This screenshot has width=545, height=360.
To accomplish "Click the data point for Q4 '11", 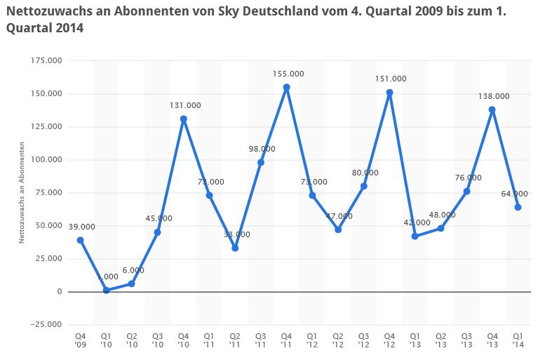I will [x=286, y=87].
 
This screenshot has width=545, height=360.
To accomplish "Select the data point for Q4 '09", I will [x=80, y=240].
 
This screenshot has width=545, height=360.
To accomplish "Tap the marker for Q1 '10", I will [x=106, y=290].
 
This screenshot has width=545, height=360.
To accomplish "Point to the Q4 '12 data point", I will [x=389, y=93].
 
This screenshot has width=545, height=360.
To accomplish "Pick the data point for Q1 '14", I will [x=518, y=207].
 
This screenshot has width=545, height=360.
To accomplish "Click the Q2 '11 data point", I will [x=235, y=248].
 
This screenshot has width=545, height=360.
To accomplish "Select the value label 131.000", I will [x=185, y=105].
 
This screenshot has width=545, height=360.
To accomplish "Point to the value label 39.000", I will [x=82, y=227].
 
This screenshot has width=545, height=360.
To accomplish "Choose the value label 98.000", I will [x=262, y=149].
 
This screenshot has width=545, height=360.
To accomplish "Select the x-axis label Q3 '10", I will [x=157, y=340].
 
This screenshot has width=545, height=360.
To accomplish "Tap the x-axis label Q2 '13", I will [x=440, y=340].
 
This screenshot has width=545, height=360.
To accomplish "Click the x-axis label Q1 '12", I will [x=312, y=340].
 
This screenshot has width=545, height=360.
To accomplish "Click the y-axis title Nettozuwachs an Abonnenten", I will [x=22, y=192].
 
